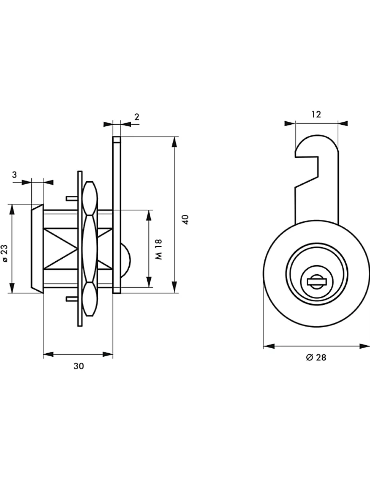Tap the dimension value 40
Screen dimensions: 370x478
186,219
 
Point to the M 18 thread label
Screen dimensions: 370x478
159,249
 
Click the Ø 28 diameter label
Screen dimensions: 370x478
316,357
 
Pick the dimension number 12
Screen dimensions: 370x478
316,114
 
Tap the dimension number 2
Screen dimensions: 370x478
137,117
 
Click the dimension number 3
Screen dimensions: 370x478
14,175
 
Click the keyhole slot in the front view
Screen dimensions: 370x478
317,282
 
